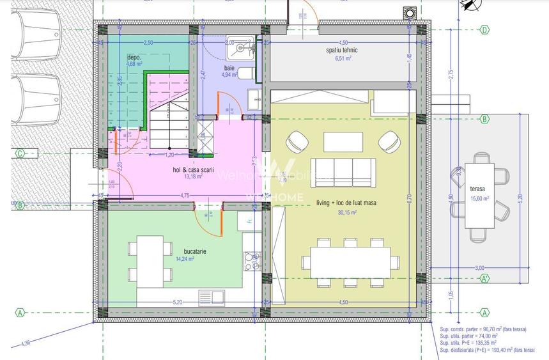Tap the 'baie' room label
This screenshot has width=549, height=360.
[x=229, y=67]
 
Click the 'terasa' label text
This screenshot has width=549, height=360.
[x=477, y=189]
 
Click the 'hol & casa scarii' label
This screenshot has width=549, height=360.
[x=193, y=170]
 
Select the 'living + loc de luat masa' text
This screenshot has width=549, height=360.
[x=346, y=203]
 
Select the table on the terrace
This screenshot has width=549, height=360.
[x=479, y=196]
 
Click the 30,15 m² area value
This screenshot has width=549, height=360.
[x=346, y=212]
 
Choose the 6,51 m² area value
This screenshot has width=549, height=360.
[x=343, y=58]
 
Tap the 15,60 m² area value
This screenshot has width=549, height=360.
[x=479, y=198]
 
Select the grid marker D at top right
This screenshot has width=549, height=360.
[x=484, y=29]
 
